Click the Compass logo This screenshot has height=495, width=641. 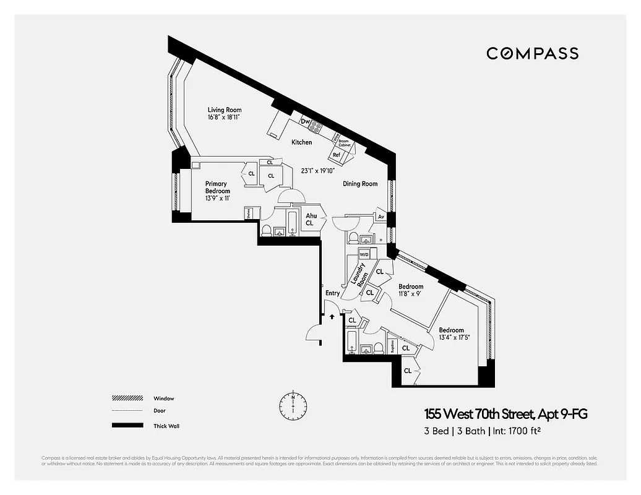[532, 53]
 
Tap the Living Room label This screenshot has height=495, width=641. [225, 110]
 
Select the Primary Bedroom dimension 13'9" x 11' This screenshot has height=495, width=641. [217, 198]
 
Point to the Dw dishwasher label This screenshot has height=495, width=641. [305, 121]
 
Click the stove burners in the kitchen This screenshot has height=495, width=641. [316, 127]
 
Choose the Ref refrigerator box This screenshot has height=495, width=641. [337, 155]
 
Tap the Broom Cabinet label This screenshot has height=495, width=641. [344, 143]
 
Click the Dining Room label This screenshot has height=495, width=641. [360, 184]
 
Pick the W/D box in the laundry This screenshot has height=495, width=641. [364, 255]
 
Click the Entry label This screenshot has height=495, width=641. [332, 293]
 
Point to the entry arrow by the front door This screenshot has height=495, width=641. [332, 316]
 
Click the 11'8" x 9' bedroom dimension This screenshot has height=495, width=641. [410, 294]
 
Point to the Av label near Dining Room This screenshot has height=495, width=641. [381, 217]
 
